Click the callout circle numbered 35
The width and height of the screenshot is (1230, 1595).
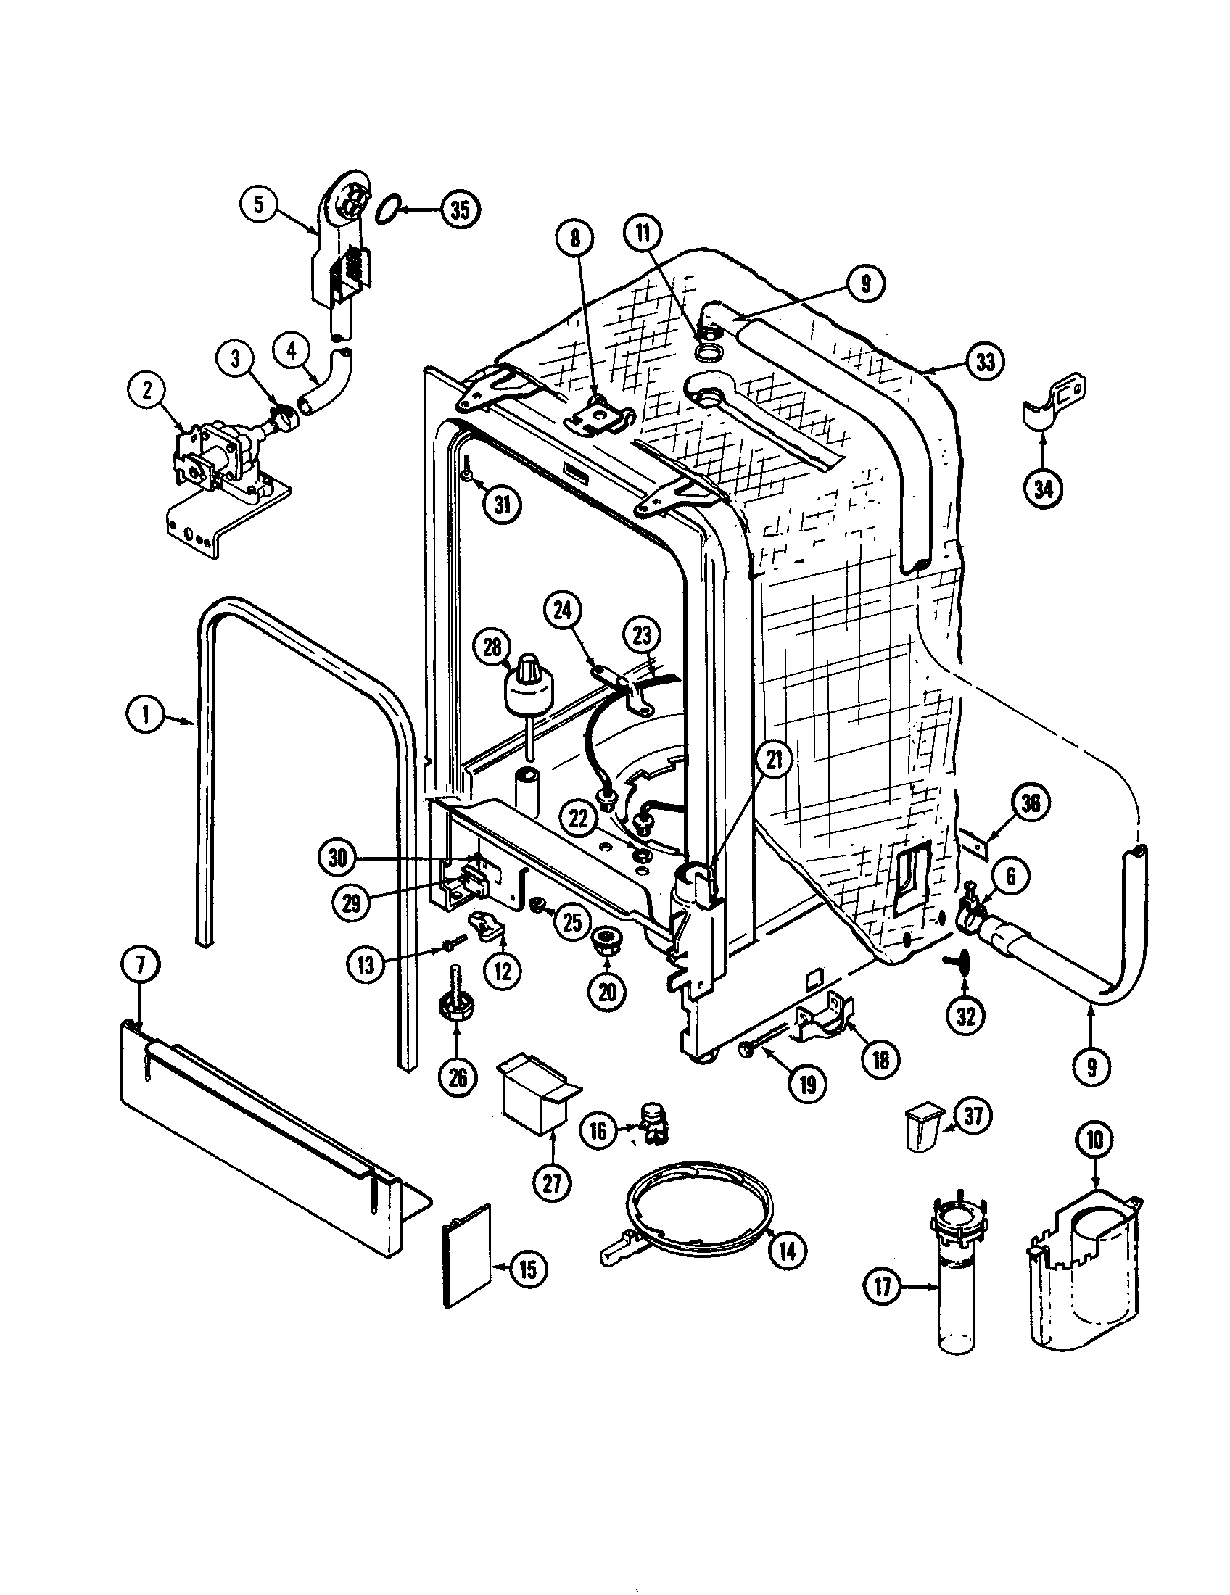[459, 210]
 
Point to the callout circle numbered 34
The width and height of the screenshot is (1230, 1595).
[1043, 489]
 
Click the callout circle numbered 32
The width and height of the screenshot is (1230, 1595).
[965, 1016]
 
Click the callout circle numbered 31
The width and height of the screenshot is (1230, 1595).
[503, 505]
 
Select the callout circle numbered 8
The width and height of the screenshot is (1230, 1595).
[575, 238]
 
